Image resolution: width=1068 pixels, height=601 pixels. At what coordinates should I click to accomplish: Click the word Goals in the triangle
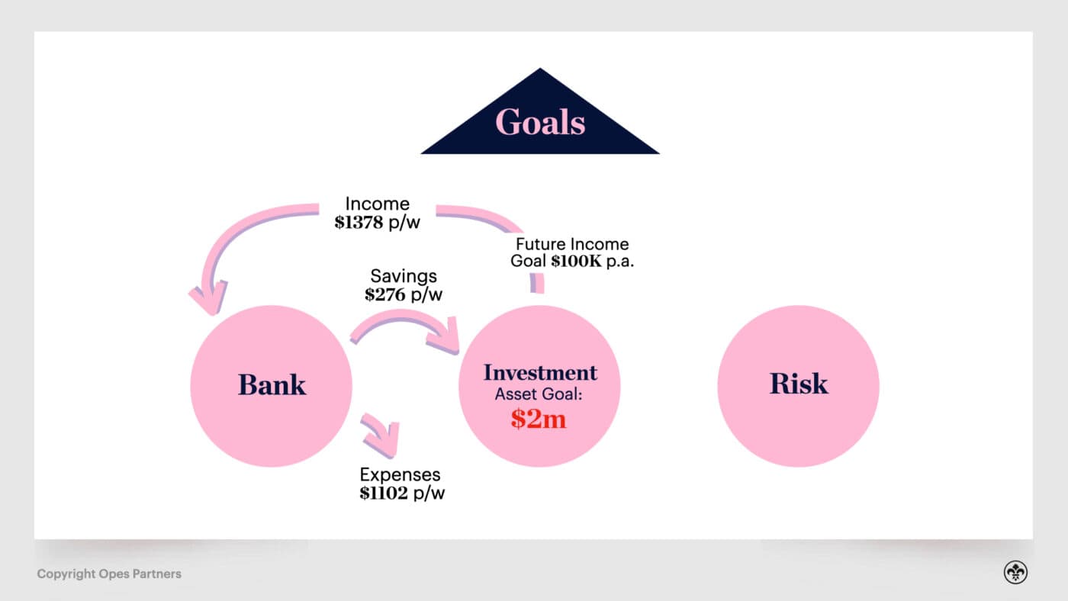click(x=540, y=122)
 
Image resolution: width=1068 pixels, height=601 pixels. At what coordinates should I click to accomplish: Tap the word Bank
click(x=272, y=384)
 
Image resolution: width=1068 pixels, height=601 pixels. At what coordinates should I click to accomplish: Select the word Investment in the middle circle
click(x=540, y=373)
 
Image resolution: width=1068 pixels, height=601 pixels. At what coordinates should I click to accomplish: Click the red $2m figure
click(x=539, y=418)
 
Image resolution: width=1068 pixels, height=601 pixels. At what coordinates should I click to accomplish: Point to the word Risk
click(x=799, y=383)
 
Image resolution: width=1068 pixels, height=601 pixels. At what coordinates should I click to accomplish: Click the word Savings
click(x=403, y=276)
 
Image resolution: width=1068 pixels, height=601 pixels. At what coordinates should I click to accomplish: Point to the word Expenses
click(x=400, y=475)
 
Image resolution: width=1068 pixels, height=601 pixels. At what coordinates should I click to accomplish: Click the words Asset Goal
click(x=539, y=395)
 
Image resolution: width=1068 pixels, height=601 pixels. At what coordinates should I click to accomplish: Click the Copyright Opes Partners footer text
click(x=109, y=574)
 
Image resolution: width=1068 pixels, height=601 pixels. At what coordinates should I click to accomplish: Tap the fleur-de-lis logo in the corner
click(x=1015, y=573)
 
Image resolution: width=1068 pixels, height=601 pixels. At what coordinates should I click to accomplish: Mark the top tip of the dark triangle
click(x=540, y=69)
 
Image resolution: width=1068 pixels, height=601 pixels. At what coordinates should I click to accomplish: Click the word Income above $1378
click(x=377, y=204)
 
